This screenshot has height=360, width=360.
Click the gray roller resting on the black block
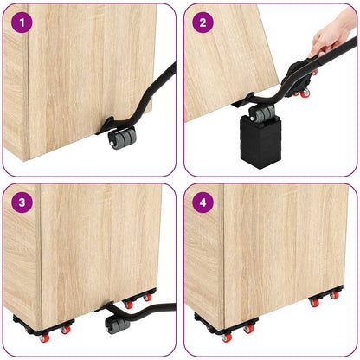[x=260, y=112]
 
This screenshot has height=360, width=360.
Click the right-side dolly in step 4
[x=325, y=298]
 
